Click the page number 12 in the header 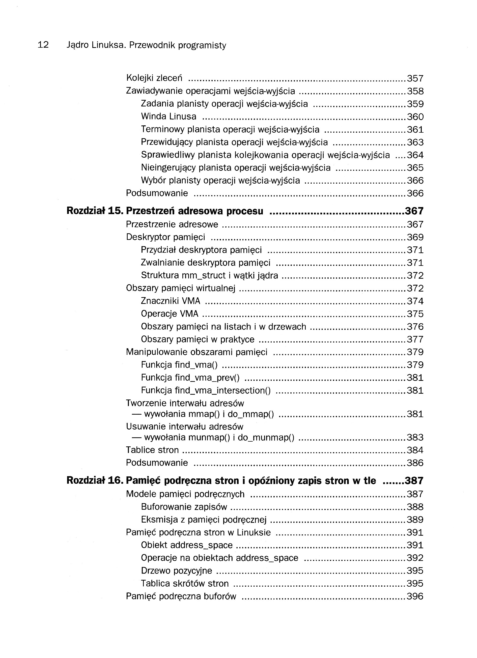coord(43,45)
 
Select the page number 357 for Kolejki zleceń coord(415,78)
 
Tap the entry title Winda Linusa coord(169,117)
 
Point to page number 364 coord(415,155)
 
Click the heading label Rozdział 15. coord(95,211)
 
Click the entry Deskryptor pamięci coord(165,237)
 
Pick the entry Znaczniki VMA coord(171,301)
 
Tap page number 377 coord(415,339)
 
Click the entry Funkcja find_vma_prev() coord(190,378)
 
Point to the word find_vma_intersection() coord(222,390)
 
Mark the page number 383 coord(415,437)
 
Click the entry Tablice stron coord(152,450)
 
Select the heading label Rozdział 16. coord(95,481)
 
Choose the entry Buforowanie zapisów coord(184,507)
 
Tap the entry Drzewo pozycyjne coord(176,571)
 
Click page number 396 coord(415,596)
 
